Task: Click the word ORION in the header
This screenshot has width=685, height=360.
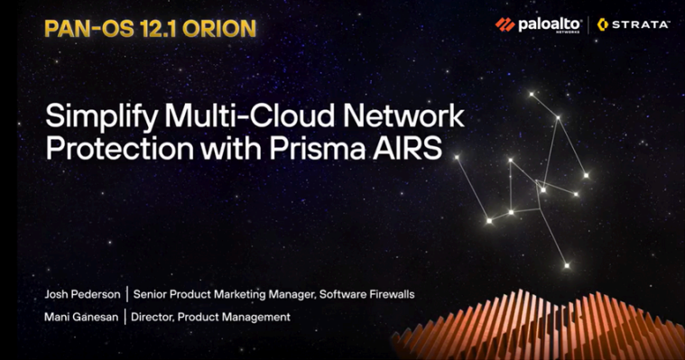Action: [216, 27]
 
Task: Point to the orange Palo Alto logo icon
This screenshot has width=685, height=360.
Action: [504, 24]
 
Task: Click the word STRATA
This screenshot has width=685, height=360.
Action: [640, 24]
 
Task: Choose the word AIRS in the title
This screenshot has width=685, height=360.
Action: [412, 149]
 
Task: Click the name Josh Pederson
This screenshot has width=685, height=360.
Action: [83, 294]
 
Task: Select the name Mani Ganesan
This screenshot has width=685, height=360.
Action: [82, 317]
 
